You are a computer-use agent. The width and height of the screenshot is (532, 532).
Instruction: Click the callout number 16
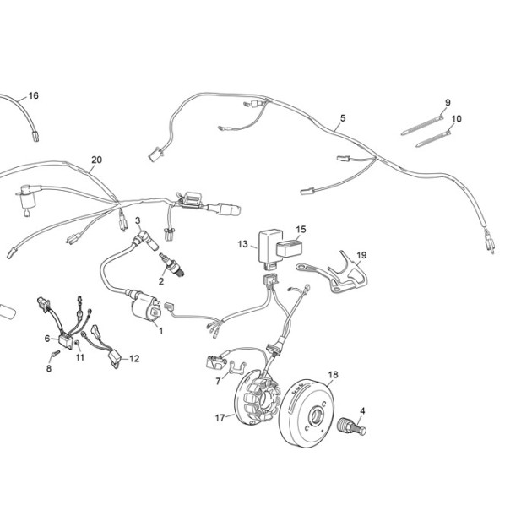33,95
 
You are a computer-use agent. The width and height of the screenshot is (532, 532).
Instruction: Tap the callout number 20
97,160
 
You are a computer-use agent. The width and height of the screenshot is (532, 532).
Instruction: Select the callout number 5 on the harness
343,118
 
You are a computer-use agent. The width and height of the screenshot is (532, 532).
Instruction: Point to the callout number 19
361,255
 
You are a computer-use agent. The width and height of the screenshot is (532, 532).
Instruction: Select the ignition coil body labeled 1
146,307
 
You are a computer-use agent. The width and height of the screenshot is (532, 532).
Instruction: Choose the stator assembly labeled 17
258,396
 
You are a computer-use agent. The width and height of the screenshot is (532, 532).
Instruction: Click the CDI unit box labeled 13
269,247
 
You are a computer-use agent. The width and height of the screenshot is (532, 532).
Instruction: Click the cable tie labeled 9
422,125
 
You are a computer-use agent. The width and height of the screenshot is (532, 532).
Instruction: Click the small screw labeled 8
55,354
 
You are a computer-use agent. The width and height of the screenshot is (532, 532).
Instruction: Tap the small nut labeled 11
78,343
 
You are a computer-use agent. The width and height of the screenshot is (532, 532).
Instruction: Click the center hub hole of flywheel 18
317,415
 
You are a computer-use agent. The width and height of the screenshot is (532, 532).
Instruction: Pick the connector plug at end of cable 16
35,136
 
